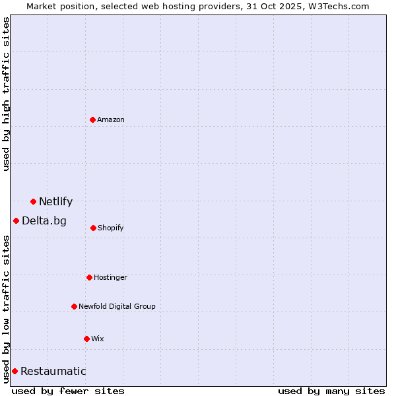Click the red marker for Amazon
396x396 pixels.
pyautogui.click(x=92, y=119)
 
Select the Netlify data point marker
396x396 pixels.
pyautogui.click(x=33, y=201)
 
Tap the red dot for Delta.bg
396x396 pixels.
pyautogui.click(x=16, y=220)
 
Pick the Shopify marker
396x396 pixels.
pyautogui.click(x=93, y=228)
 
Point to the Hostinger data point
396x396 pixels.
pyautogui.click(x=89, y=277)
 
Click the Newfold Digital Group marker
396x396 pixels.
pyautogui.click(x=74, y=306)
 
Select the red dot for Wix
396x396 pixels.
pyautogui.click(x=86, y=339)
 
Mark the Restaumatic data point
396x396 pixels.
pyautogui.click(x=15, y=371)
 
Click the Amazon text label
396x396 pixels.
pyautogui.click(x=111, y=119)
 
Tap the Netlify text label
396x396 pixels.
pyautogui.click(x=55, y=202)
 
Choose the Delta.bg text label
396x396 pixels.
pyautogui.click(x=44, y=221)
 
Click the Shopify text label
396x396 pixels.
pyautogui.click(x=111, y=228)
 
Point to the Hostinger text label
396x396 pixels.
pyautogui.click(x=110, y=277)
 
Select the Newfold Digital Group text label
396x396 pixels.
pyautogui.click(x=117, y=306)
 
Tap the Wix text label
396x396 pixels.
pyautogui.click(x=98, y=339)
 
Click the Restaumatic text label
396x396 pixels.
pyautogui.click(x=53, y=372)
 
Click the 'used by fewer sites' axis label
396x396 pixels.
pyautogui.click(x=68, y=391)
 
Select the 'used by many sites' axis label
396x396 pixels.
pyautogui.click(x=331, y=391)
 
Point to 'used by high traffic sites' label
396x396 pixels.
pyautogui.click(x=6, y=94)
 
